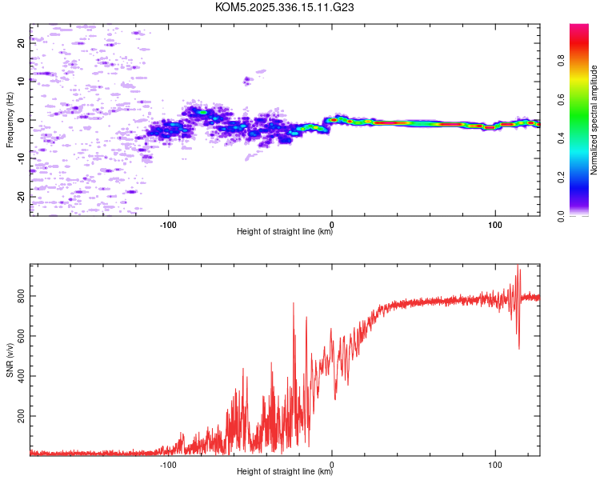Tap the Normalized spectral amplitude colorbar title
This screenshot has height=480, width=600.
pyautogui.click(x=594, y=120)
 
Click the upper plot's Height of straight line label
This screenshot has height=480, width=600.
pyautogui.click(x=285, y=232)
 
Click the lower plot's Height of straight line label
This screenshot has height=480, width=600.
pyautogui.click(x=285, y=472)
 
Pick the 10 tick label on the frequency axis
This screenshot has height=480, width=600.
pyautogui.click(x=22, y=82)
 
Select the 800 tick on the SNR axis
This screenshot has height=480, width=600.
pyautogui.click(x=22, y=297)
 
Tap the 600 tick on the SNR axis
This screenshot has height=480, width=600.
pyautogui.click(x=22, y=337)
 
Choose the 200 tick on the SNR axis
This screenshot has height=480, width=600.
pyautogui.click(x=22, y=417)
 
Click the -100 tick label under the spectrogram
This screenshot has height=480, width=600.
pyautogui.click(x=169, y=225)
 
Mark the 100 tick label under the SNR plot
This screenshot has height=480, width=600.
pyautogui.click(x=495, y=465)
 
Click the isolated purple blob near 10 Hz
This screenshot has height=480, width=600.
pyautogui.click(x=248, y=79)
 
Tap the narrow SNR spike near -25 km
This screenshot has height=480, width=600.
pyautogui.click(x=293, y=304)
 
